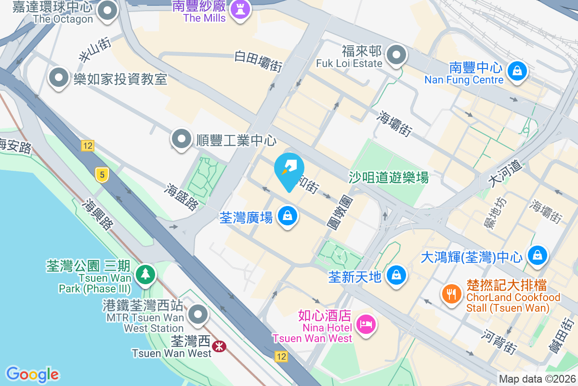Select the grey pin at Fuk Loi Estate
pyautogui.click(x=396, y=55)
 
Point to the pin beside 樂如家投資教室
pyautogui.click(x=59, y=78)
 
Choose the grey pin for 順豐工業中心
pyautogui.click(x=182, y=139)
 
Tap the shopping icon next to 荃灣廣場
pyautogui.click(x=288, y=217)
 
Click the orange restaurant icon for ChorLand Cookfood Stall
pyautogui.click(x=451, y=294)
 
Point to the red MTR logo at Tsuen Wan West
pyautogui.click(x=220, y=345)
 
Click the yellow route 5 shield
pyautogui.click(x=101, y=175)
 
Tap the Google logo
pyautogui.click(x=32, y=374)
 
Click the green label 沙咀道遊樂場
pyautogui.click(x=388, y=178)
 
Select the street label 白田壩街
pyautogui.click(x=258, y=61)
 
